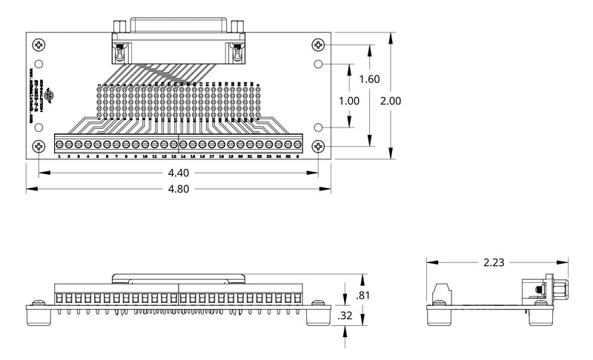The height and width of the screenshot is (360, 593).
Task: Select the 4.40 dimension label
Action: (x=179, y=173)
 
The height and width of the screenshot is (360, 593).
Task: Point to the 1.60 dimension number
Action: (x=368, y=80)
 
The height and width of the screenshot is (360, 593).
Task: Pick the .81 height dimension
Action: (x=362, y=296)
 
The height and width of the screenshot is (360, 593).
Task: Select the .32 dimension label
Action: (x=345, y=316)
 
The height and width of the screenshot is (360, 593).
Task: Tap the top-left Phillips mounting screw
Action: (x=39, y=45)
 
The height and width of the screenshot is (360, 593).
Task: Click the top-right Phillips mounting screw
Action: (x=319, y=45)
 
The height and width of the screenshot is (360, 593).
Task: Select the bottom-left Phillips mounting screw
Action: (x=39, y=147)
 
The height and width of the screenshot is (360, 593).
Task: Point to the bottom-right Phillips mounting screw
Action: (x=319, y=147)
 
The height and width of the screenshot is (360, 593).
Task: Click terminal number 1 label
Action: (x=59, y=157)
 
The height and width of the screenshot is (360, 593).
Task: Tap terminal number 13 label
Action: (x=173, y=157)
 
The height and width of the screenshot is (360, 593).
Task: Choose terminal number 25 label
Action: (x=288, y=157)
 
